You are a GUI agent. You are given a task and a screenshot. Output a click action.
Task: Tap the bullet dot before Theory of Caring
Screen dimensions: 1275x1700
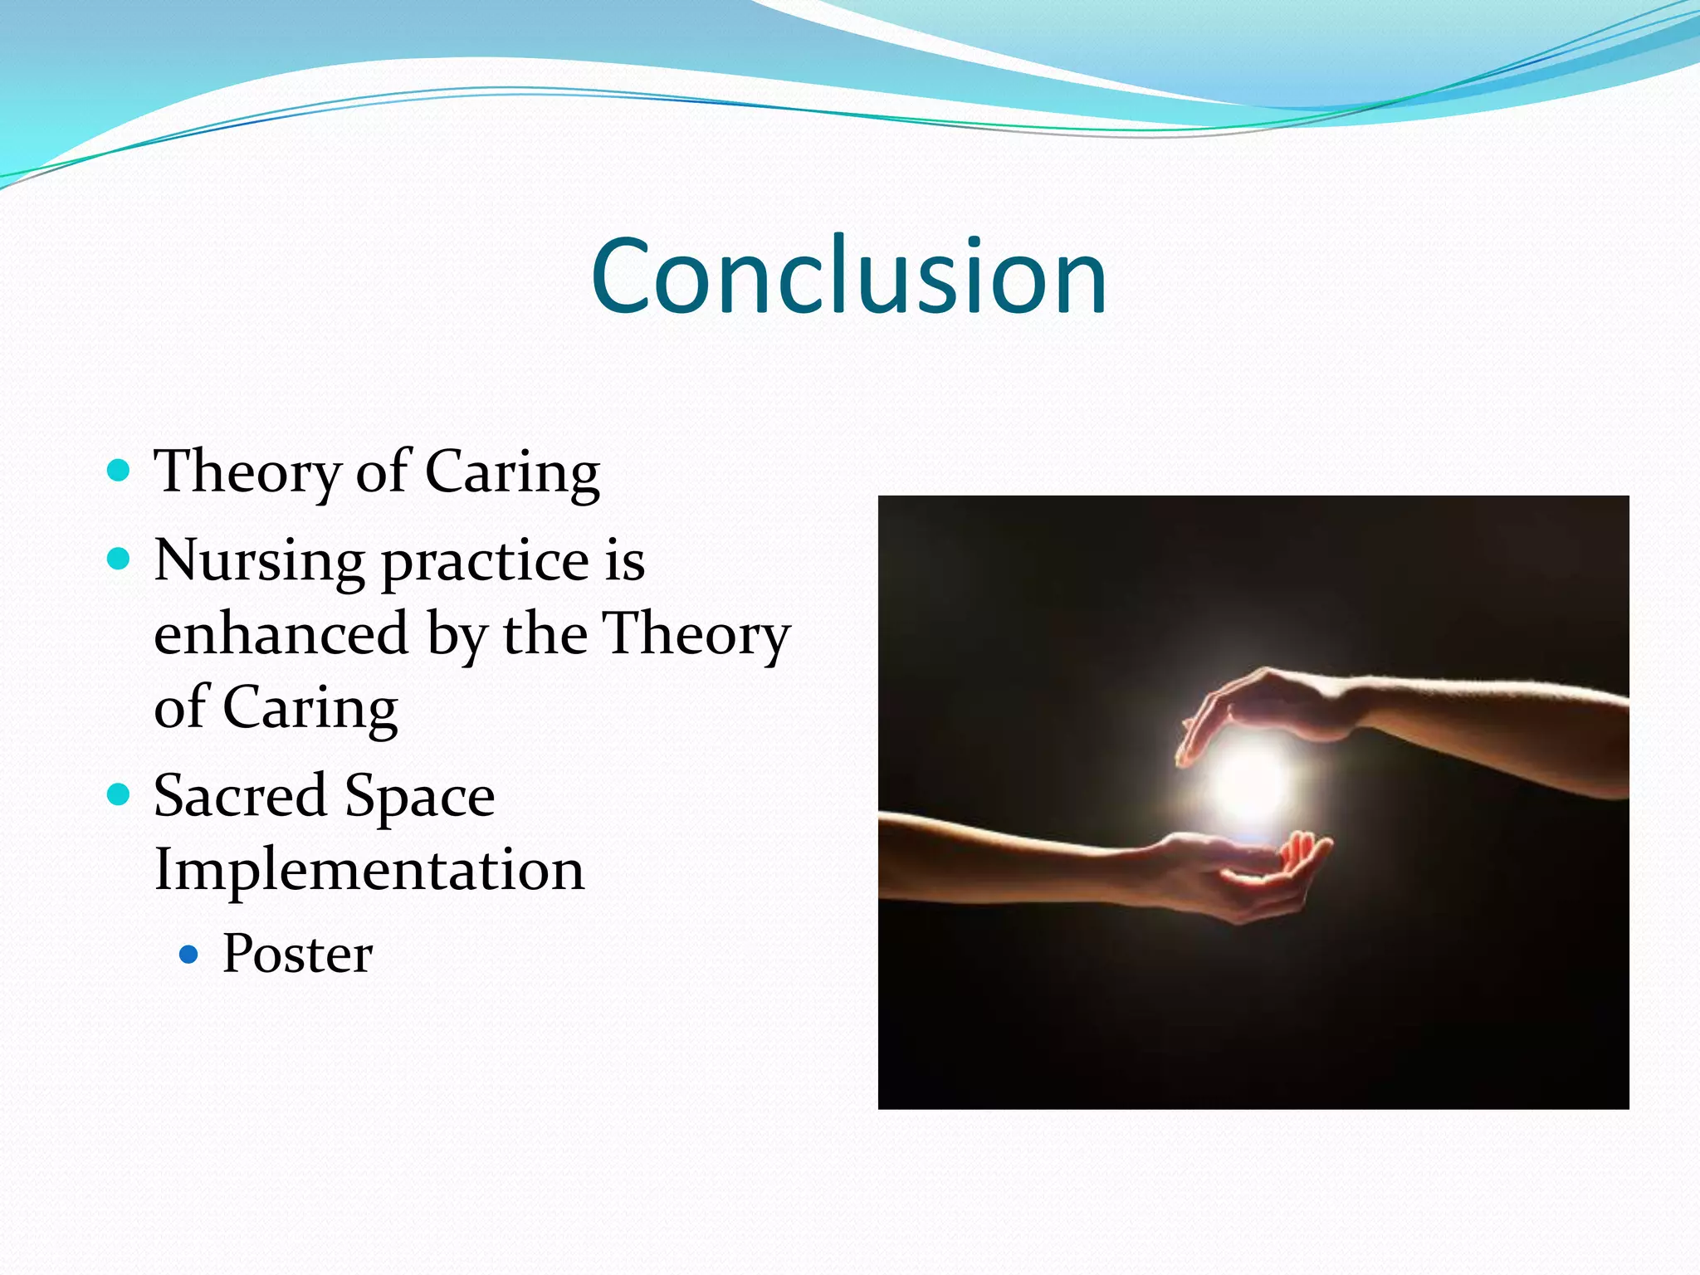click(x=120, y=471)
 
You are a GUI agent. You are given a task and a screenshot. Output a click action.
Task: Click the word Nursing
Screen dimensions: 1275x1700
click(x=259, y=561)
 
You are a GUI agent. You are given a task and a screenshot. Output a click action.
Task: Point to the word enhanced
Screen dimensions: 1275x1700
click(x=281, y=634)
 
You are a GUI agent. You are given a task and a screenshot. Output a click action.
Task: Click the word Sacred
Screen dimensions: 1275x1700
click(x=240, y=795)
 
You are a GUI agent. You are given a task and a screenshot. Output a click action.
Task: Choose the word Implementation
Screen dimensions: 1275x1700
click(x=369, y=870)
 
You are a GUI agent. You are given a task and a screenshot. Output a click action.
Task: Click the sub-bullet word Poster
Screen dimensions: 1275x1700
click(x=297, y=954)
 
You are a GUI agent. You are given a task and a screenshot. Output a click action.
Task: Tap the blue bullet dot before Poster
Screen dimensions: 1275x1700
click(x=189, y=955)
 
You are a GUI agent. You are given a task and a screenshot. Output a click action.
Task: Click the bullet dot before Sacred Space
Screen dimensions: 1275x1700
click(x=120, y=795)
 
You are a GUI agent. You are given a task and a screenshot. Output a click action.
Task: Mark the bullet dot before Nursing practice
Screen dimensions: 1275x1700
click(x=120, y=559)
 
